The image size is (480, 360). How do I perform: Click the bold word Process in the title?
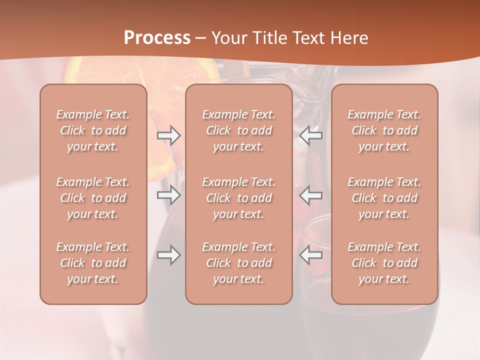157,38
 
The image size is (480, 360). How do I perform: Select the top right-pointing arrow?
169,135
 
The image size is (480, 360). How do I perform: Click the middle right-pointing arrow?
169,194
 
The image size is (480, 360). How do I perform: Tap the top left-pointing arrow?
310,135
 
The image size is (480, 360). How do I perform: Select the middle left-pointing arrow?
310,194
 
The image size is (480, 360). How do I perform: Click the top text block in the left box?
93,130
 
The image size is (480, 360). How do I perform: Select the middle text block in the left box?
93,198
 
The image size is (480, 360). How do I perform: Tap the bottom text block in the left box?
93,263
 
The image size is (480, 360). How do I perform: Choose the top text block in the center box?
238,130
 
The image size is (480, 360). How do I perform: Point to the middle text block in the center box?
238,198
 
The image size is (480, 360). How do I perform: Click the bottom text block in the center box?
238,263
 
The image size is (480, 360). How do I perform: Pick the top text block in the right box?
384,130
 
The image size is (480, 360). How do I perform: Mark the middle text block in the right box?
384,198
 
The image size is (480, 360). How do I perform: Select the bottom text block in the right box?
384,263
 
